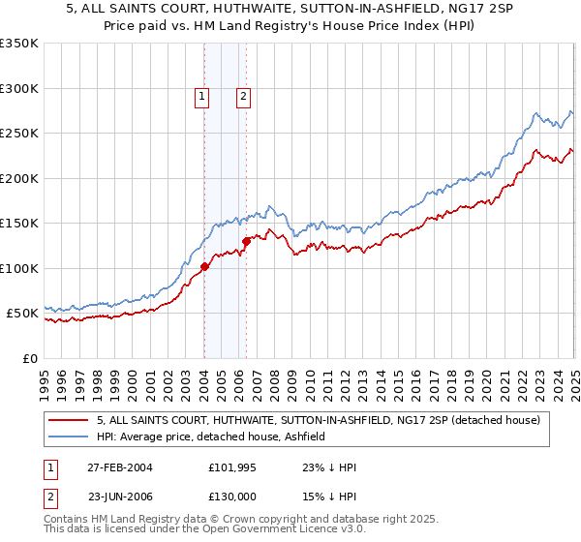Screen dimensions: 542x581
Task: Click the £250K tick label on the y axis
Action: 19,134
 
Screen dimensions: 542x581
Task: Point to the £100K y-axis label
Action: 19,268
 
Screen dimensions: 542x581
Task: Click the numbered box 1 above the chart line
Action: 201,95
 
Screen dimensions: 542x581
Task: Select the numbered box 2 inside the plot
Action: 242,95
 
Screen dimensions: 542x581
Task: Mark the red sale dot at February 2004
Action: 205,267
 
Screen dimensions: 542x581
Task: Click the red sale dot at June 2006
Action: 246,242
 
